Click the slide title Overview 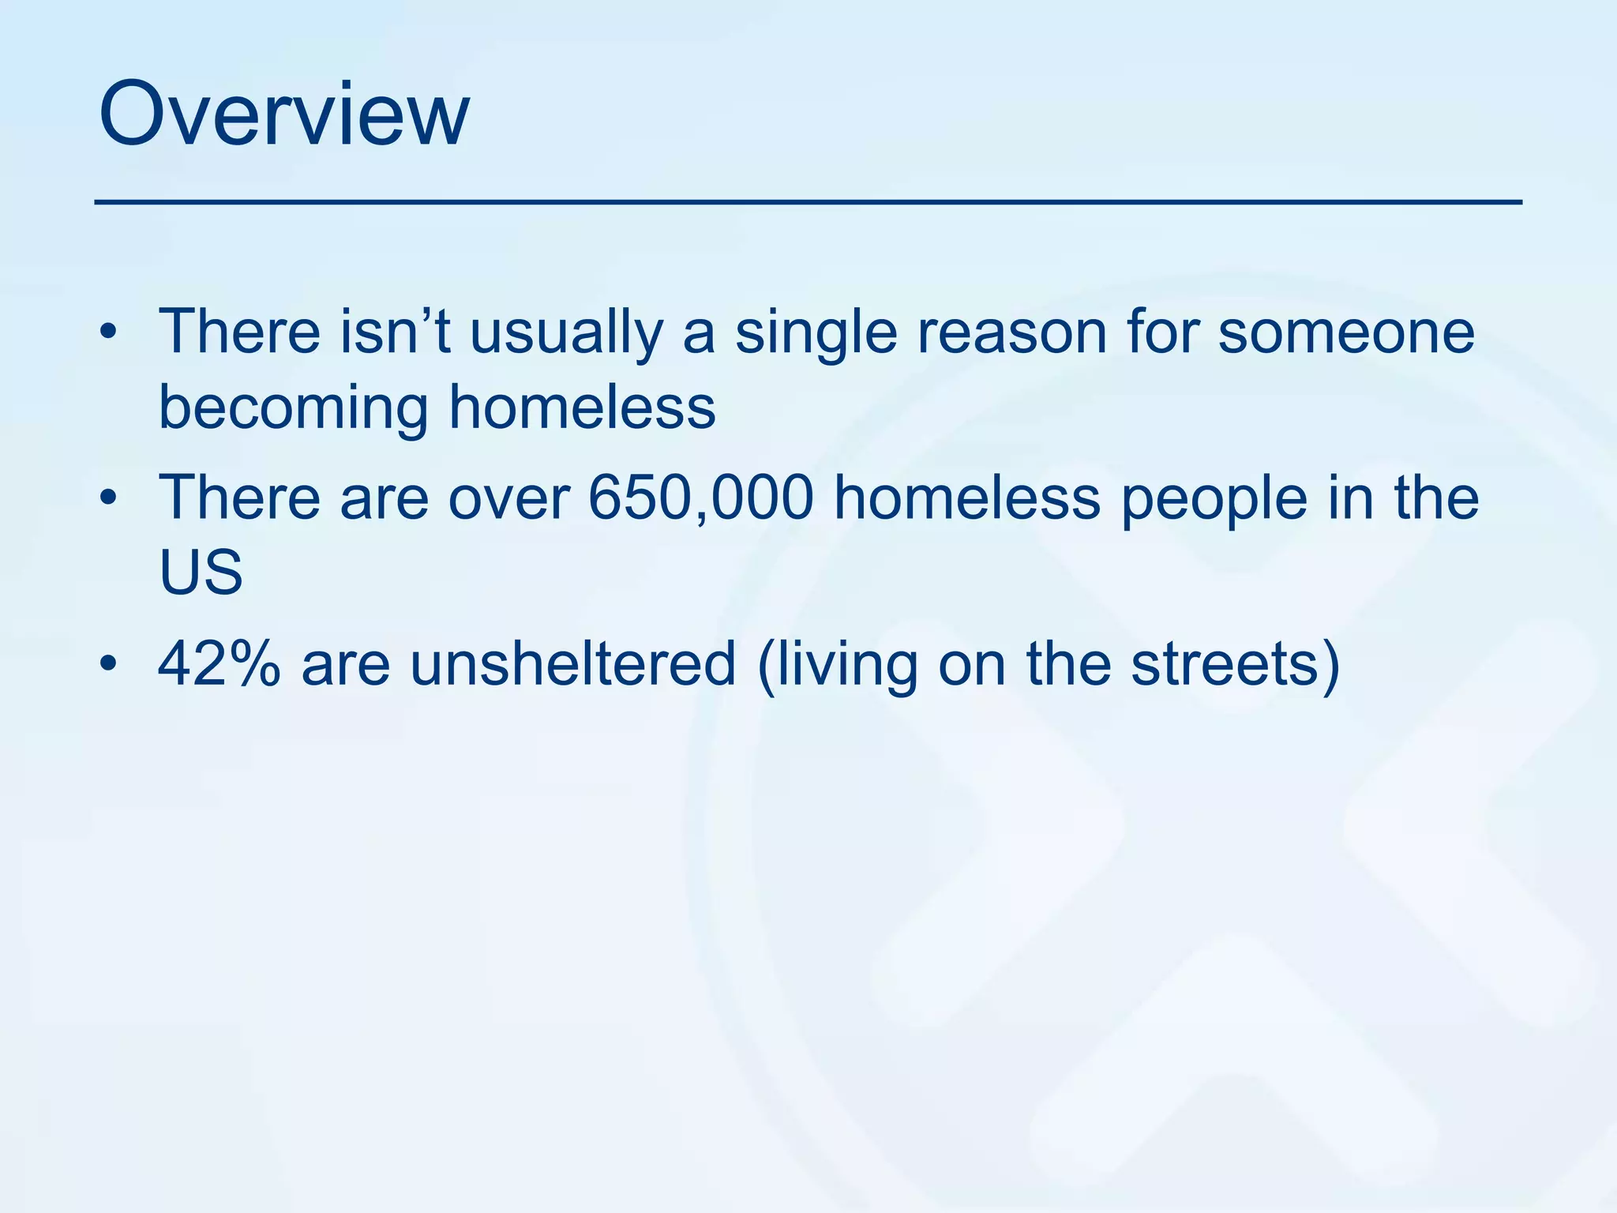(284, 115)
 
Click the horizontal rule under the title (808, 203)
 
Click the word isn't (395, 332)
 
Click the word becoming (293, 409)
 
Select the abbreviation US (201, 572)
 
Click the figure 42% (219, 663)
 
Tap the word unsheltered (572, 663)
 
